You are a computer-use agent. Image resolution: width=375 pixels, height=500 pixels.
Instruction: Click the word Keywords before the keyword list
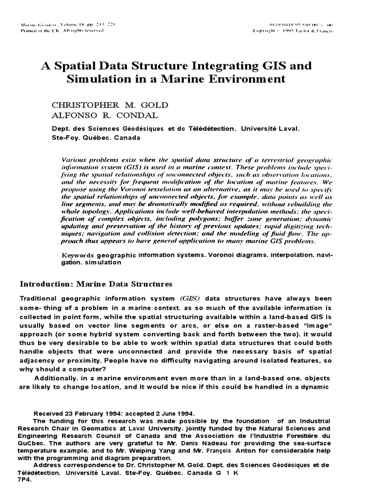tap(78, 255)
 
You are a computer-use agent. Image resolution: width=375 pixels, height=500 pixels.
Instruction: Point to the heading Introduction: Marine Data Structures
tap(96, 284)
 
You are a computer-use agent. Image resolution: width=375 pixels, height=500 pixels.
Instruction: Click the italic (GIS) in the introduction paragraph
tap(191, 298)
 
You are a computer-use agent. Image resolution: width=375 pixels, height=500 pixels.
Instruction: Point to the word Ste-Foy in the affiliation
tap(64, 137)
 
